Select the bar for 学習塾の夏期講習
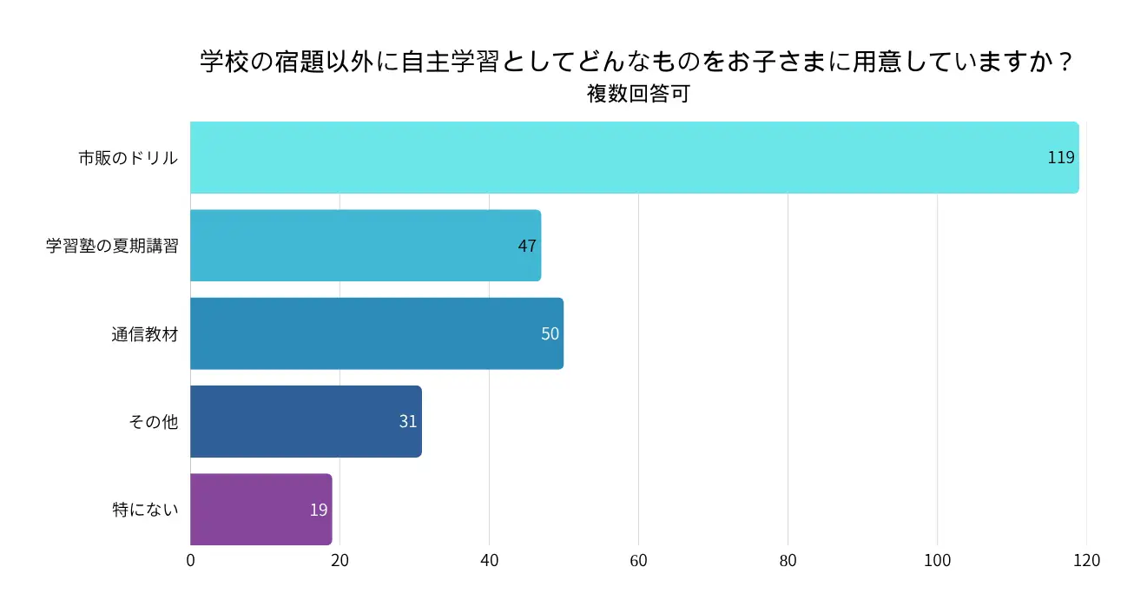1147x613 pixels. click(x=365, y=246)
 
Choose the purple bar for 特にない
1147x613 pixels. click(x=260, y=509)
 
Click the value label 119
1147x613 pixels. click(x=1061, y=158)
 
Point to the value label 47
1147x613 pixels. click(x=527, y=246)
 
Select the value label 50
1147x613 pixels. click(x=550, y=333)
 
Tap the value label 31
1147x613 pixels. click(x=408, y=421)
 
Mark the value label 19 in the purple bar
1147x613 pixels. click(x=319, y=510)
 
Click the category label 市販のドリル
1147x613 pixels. click(x=129, y=158)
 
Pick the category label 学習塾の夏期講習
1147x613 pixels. click(x=112, y=246)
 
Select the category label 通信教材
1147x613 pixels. click(x=144, y=333)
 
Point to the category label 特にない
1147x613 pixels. click(x=145, y=509)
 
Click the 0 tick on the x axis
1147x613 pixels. click(x=191, y=561)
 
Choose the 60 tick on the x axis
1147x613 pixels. click(x=639, y=561)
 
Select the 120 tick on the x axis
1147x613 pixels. click(x=1086, y=561)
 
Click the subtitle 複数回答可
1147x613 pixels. click(x=638, y=94)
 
